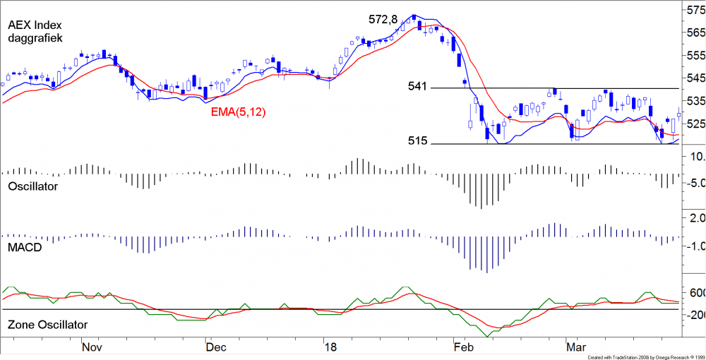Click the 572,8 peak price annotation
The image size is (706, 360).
coord(382,20)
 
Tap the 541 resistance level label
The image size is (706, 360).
coord(418,86)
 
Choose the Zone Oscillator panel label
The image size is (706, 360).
coord(47,325)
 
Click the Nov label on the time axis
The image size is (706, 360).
coord(92,347)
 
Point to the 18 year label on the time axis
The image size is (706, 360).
coord(329,347)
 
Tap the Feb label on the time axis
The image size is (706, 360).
coord(463,347)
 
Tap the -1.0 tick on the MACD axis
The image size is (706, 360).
coord(695,246)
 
